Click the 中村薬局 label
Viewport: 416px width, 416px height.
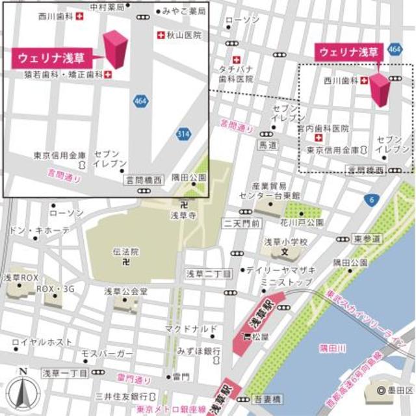click(x=108, y=8)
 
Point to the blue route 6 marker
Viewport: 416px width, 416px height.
click(x=370, y=199)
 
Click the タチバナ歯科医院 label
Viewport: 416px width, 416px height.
click(x=235, y=73)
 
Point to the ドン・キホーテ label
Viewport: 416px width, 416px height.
click(x=40, y=231)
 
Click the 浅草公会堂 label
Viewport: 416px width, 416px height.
click(x=126, y=291)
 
